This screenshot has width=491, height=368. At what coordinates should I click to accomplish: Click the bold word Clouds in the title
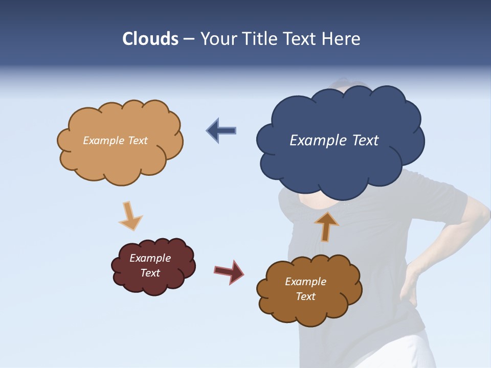(x=150, y=39)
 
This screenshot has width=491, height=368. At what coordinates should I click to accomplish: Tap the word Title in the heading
(x=259, y=39)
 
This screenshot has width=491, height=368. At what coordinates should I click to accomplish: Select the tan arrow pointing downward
(x=129, y=216)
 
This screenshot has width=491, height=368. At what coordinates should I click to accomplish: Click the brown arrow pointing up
(x=326, y=226)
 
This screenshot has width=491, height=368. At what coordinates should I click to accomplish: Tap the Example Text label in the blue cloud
(x=334, y=141)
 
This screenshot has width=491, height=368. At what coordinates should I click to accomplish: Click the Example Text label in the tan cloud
(x=115, y=141)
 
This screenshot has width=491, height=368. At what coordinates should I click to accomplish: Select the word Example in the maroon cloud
(x=150, y=258)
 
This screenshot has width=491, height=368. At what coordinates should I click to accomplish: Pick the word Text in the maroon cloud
(x=150, y=273)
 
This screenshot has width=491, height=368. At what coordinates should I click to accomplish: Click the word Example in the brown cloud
(x=305, y=282)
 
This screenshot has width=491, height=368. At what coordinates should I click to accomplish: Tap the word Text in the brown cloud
(x=305, y=296)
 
